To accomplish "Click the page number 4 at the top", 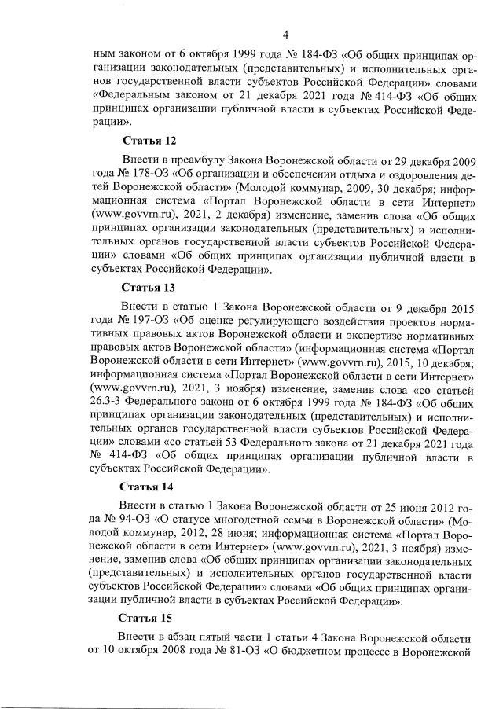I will pyautogui.click(x=286, y=34).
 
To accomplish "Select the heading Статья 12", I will pyautogui.click(x=149, y=141).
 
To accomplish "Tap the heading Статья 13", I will pyautogui.click(x=149, y=287).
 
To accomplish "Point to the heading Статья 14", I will pyautogui.click(x=149, y=486).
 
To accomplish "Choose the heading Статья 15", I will pyautogui.click(x=149, y=619).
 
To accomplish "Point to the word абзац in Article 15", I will pyautogui.click(x=182, y=634).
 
